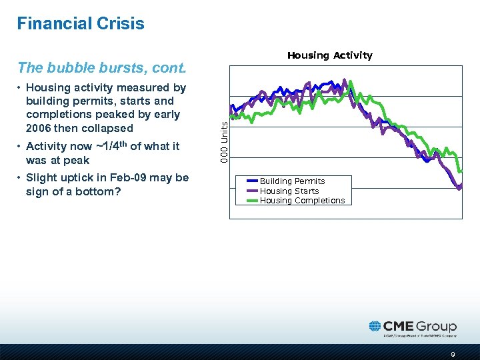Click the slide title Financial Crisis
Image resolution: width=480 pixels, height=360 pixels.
pos(81,24)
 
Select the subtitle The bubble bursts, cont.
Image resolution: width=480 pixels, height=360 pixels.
pos(101,67)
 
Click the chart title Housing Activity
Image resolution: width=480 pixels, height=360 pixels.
pos(329,55)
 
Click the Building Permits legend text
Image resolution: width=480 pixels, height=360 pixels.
pos(292,181)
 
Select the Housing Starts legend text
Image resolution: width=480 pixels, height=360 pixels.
pos(289,191)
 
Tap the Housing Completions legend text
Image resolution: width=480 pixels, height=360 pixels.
pos(302,201)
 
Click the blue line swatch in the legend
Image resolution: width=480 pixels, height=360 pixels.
pos(251,181)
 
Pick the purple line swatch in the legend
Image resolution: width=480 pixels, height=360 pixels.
pos(251,190)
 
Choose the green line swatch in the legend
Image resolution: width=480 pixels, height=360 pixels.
pos(251,199)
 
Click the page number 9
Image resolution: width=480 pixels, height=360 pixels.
pos(453,354)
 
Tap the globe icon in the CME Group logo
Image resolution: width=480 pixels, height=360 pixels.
pos(375,327)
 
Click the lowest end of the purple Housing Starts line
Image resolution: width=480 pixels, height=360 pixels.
pos(459,189)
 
